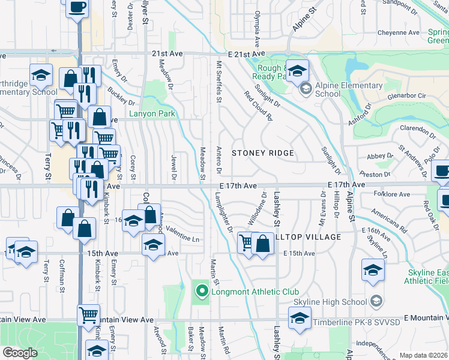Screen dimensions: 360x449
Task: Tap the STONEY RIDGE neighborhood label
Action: (x=263, y=153)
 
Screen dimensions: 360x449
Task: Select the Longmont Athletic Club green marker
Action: (x=202, y=292)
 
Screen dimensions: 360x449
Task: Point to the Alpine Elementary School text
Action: (x=348, y=89)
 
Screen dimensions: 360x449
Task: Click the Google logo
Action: (x=19, y=353)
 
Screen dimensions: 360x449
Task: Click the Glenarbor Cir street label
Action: (x=405, y=95)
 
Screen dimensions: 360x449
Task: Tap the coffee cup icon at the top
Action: (x=77, y=8)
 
